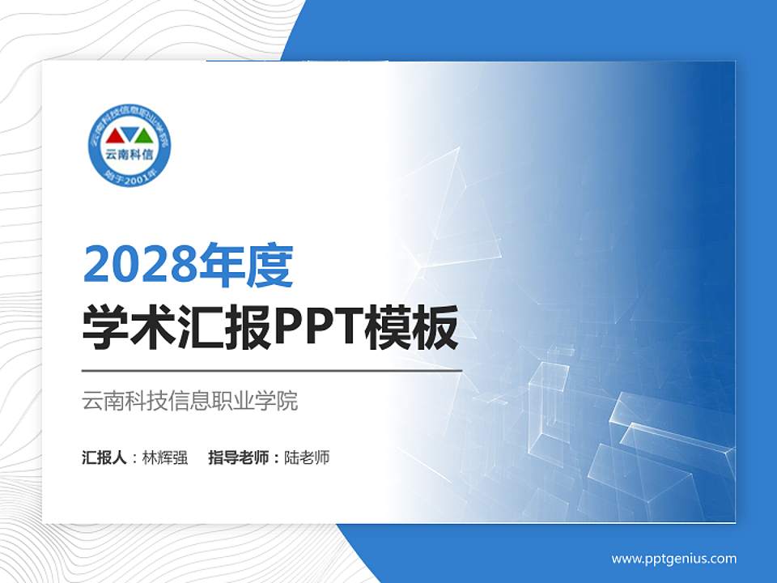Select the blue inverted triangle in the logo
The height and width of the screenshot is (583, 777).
[129, 134]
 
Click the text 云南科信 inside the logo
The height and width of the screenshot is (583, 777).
[129, 152]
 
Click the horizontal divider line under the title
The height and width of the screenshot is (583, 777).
[272, 371]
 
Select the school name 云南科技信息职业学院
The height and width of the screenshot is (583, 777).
[190, 401]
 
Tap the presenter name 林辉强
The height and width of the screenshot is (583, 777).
[165, 457]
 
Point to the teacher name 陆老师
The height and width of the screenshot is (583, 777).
[308, 457]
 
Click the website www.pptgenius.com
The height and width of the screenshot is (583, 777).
[673, 559]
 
